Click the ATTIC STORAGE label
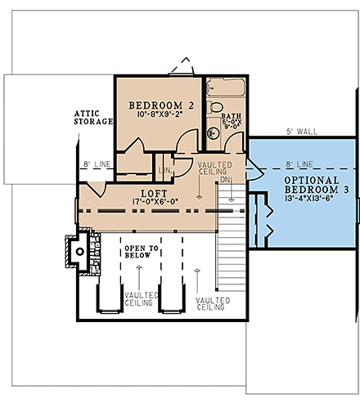[92, 117]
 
